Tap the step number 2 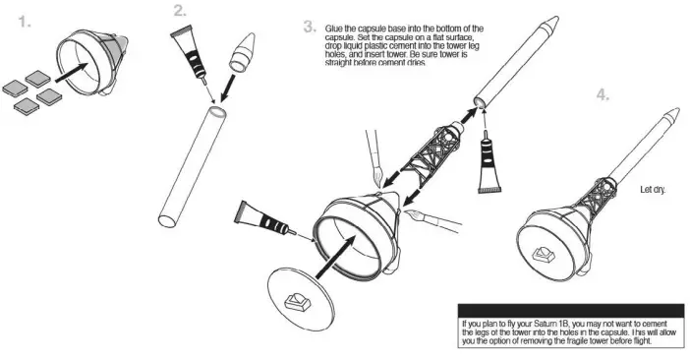click(x=179, y=11)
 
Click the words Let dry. click(x=653, y=189)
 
